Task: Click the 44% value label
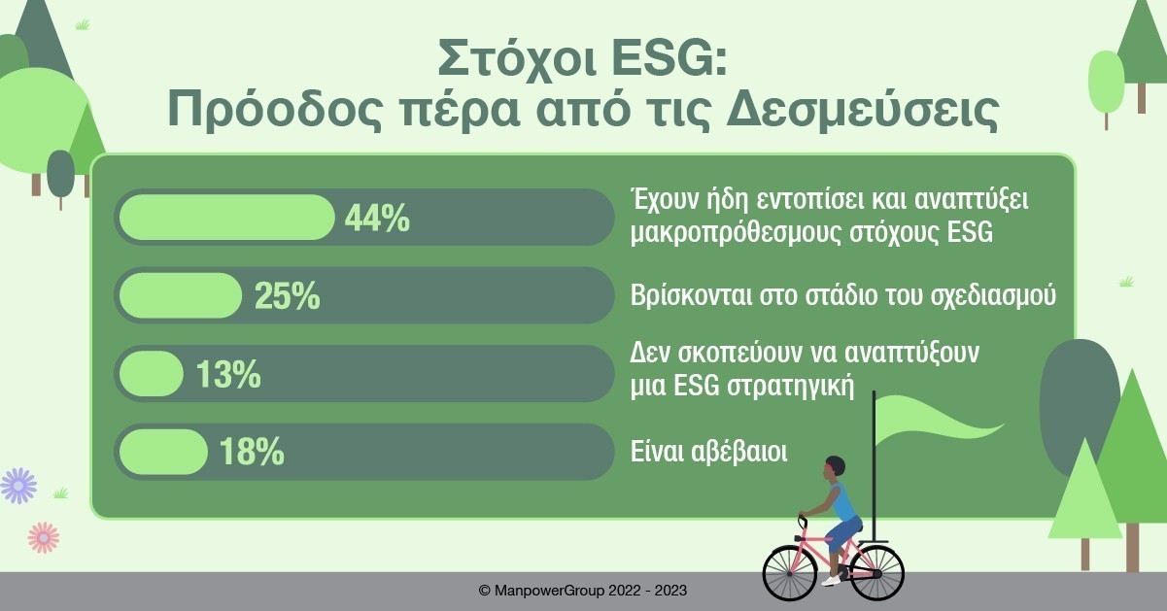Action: tap(377, 218)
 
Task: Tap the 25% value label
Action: tap(287, 296)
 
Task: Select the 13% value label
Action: tap(228, 374)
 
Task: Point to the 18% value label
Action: tap(252, 451)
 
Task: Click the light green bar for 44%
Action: tap(226, 218)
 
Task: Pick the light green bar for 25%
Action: tap(181, 295)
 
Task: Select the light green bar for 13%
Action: tap(151, 373)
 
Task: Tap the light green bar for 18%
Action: tap(163, 452)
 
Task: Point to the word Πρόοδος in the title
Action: tap(275, 111)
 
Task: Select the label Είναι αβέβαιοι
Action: tap(708, 451)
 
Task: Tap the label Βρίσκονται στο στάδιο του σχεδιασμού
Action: tap(843, 295)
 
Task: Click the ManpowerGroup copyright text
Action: tap(582, 591)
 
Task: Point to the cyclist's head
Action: tap(835, 467)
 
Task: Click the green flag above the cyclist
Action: tap(938, 420)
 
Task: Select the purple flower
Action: tap(18, 486)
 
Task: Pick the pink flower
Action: tap(44, 537)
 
